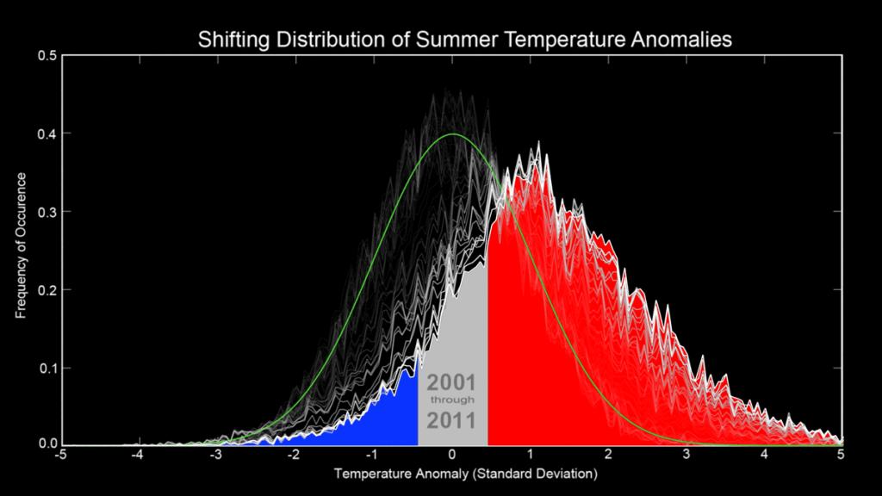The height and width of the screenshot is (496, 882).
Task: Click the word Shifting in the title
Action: click(x=230, y=40)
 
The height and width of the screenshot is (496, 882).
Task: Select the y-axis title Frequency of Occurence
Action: click(x=21, y=245)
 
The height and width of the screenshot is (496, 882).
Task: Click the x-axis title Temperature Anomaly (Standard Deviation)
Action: click(x=465, y=474)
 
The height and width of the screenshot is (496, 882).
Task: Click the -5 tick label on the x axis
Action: click(x=59, y=456)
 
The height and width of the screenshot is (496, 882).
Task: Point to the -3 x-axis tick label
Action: click(x=215, y=456)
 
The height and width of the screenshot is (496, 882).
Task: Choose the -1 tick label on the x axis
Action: click(x=372, y=456)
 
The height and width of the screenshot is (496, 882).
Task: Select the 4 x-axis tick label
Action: click(x=765, y=456)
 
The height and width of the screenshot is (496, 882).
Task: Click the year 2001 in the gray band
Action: click(x=451, y=382)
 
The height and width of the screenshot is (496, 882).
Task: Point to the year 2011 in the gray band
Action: click(x=452, y=421)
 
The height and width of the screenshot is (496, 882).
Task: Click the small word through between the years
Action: click(x=452, y=401)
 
